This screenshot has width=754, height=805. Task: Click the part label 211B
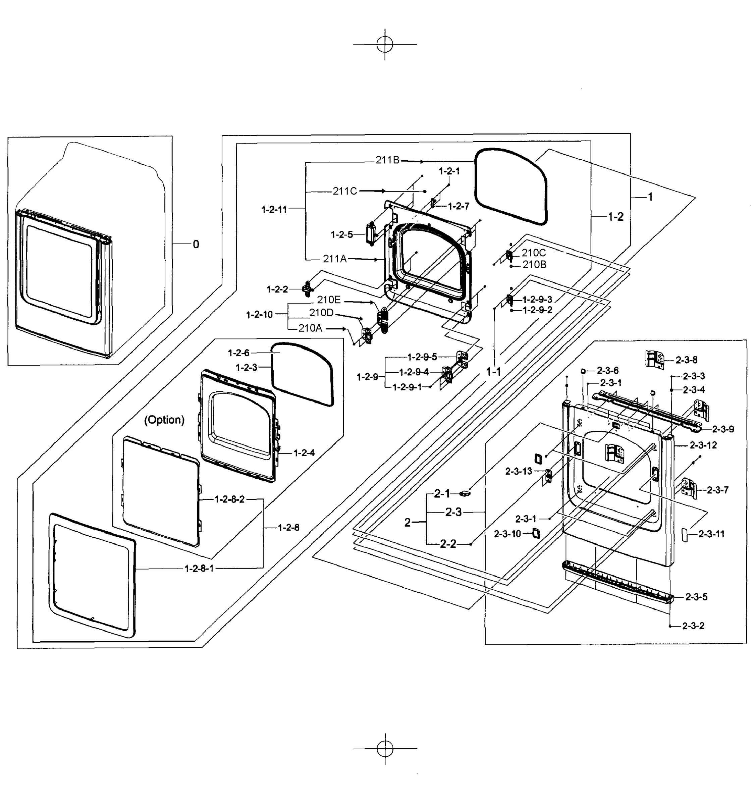[387, 160]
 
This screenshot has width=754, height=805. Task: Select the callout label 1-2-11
[274, 209]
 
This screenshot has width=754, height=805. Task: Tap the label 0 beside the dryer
[196, 244]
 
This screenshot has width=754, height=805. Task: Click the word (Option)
[164, 420]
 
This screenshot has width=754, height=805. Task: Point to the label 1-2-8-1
[199, 568]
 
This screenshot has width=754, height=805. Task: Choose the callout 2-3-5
[696, 597]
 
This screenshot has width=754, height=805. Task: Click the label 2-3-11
[711, 534]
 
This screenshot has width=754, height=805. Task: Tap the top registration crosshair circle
[385, 44]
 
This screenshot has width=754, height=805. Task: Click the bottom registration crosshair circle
[385, 749]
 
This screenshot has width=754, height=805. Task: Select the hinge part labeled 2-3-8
[654, 359]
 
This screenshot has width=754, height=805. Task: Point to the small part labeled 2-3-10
[536, 533]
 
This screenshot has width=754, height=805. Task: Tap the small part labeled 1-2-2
[307, 289]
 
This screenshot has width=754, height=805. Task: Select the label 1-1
[493, 371]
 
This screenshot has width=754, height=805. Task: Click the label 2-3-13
[518, 471]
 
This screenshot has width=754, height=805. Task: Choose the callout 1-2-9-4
[414, 372]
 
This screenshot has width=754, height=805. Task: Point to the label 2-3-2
[693, 626]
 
